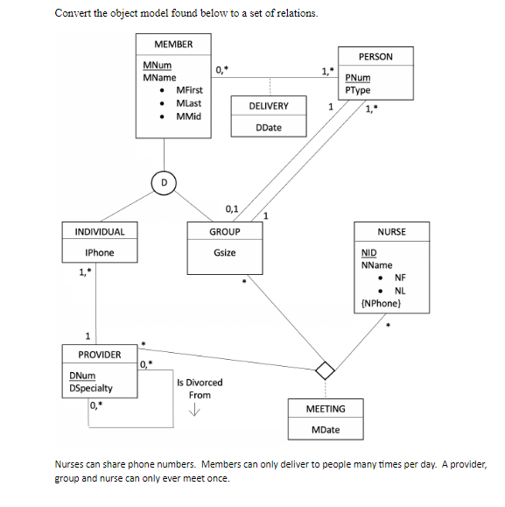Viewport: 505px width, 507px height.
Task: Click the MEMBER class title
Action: [x=173, y=44]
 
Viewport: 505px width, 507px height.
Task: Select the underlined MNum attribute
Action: [x=158, y=66]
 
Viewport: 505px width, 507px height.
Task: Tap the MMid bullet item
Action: [x=190, y=116]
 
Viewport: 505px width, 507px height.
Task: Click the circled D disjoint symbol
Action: [x=162, y=182]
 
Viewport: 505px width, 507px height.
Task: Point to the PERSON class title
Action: [x=375, y=56]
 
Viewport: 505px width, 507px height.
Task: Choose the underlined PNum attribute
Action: [x=357, y=78]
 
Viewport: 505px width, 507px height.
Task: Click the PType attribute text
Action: [x=358, y=90]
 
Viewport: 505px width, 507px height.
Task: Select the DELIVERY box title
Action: [x=269, y=106]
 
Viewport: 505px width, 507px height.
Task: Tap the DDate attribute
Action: [x=269, y=128]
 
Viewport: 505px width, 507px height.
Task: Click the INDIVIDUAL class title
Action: [x=100, y=231]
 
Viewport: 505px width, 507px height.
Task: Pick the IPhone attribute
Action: [x=100, y=253]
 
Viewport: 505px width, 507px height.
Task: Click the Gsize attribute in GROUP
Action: [x=224, y=253]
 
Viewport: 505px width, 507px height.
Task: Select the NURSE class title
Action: [x=391, y=231]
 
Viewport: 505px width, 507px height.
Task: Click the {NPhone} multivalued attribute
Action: [x=381, y=303]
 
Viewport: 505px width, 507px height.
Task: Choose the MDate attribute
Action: [x=326, y=430]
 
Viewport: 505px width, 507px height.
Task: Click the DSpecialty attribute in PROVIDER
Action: [x=91, y=388]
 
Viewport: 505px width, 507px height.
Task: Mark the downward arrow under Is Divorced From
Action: [x=199, y=414]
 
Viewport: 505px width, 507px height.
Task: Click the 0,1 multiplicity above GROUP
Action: [x=232, y=208]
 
